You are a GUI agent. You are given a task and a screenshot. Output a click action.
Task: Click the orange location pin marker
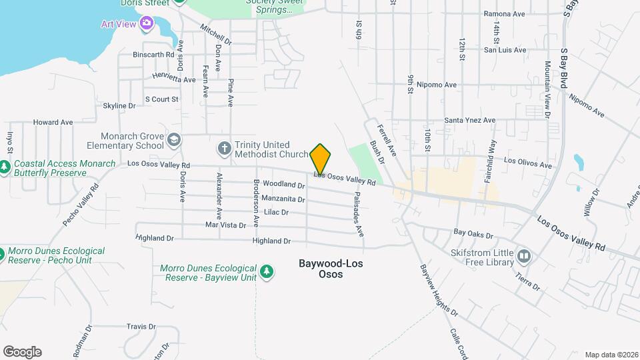pos(320,159)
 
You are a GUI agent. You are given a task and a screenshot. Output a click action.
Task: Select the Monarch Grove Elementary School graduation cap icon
pos(174,139)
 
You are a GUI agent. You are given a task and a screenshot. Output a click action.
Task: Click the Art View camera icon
pos(147,24)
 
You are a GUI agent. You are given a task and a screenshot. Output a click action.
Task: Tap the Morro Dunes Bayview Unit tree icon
pos(267,271)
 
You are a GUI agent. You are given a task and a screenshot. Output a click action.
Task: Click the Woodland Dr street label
pos(283,183)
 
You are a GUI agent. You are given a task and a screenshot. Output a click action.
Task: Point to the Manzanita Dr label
pos(283,199)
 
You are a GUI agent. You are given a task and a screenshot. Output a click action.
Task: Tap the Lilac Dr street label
pos(276,212)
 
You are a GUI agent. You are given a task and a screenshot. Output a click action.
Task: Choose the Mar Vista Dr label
pos(225,225)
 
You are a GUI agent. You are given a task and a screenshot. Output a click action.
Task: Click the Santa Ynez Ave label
pos(470,121)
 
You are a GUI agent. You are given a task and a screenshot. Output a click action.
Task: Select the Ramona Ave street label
pos(505,14)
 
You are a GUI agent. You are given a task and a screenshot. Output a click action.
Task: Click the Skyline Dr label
pos(119,105)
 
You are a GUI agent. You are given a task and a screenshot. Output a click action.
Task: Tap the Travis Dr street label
pos(141,327)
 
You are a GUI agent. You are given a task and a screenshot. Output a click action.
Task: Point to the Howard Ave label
pos(53,123)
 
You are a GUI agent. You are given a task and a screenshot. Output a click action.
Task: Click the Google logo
pos(22,352)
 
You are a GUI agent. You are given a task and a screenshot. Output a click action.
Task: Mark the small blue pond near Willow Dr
pos(578,161)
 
